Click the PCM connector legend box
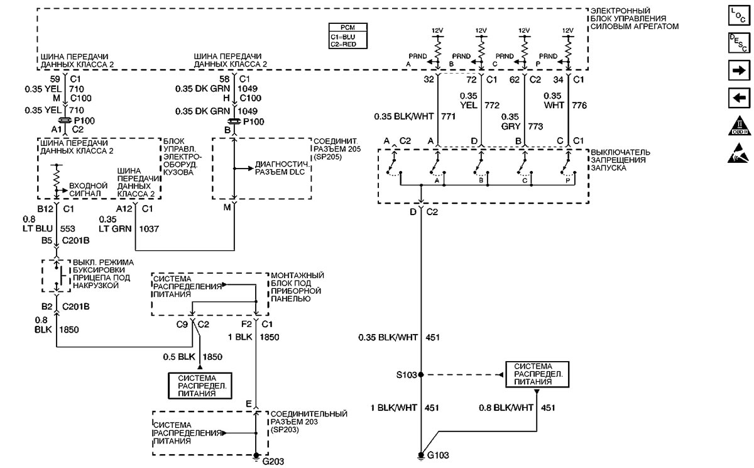pyautogui.click(x=347, y=36)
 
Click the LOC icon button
pyautogui.click(x=739, y=16)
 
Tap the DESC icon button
pyautogui.click(x=739, y=43)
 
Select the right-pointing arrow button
pyautogui.click(x=739, y=70)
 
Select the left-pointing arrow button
pyautogui.click(x=739, y=98)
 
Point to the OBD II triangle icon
pyautogui.click(x=739, y=126)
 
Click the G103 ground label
pyautogui.click(x=438, y=455)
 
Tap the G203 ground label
pyautogui.click(x=273, y=461)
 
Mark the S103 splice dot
pyautogui.click(x=421, y=375)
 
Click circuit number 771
pyautogui.click(x=449, y=116)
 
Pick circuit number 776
pyautogui.click(x=579, y=106)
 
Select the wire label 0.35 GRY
pyautogui.click(x=511, y=121)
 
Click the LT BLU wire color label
pyautogui.click(x=38, y=228)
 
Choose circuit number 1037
pyautogui.click(x=149, y=229)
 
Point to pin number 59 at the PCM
pyautogui.click(x=55, y=79)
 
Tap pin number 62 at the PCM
pyautogui.click(x=515, y=80)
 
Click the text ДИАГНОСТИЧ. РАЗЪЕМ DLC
pyautogui.click(x=282, y=168)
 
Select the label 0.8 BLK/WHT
pyautogui.click(x=506, y=408)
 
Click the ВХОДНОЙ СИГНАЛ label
pyautogui.click(x=88, y=190)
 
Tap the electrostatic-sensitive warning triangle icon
pyautogui.click(x=738, y=153)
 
